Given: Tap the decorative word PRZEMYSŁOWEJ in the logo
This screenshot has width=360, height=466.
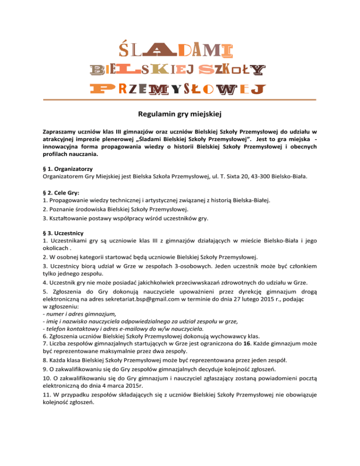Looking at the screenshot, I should [180, 89].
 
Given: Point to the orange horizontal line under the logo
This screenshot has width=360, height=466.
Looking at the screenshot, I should [180, 100].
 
